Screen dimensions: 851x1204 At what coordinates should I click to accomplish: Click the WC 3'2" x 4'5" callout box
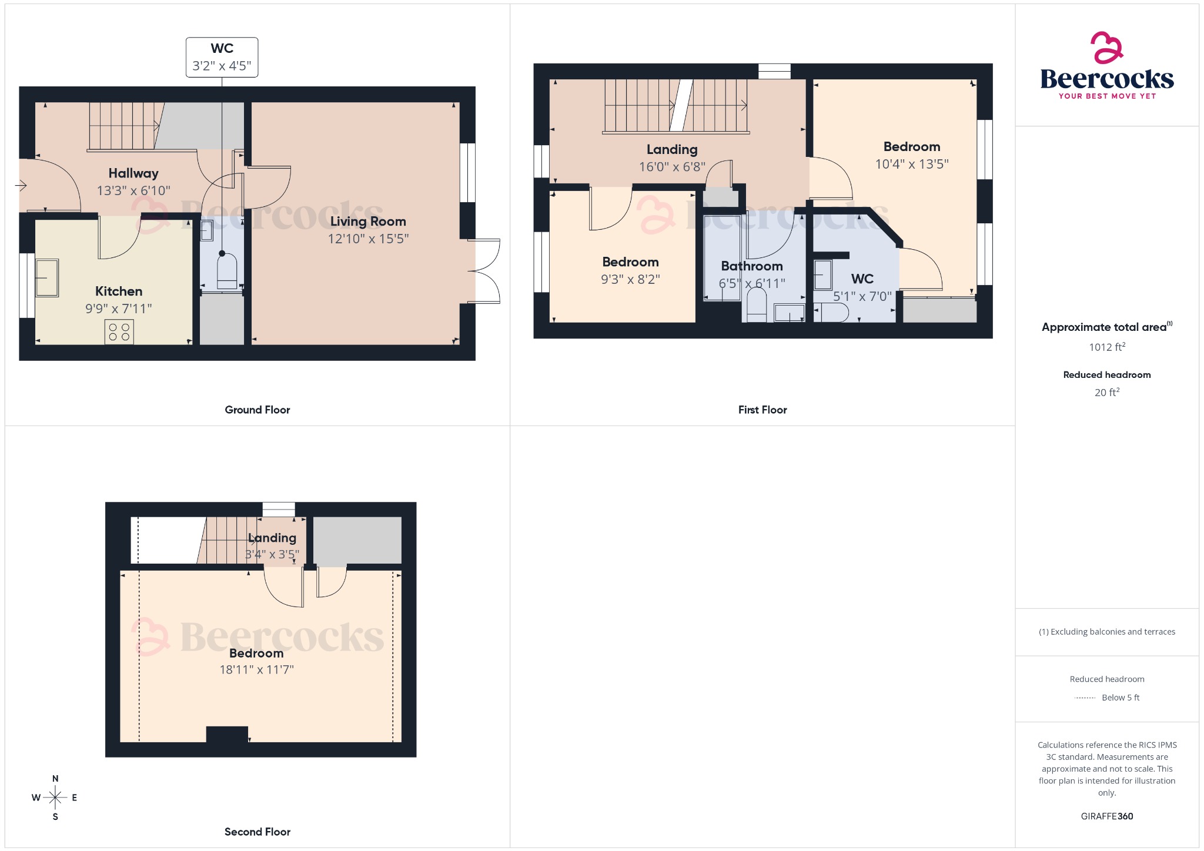point(222,57)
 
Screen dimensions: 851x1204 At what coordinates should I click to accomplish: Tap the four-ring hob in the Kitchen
point(119,331)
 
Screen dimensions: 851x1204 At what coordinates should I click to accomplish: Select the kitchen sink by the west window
point(46,277)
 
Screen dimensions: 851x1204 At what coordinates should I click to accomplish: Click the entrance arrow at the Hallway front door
point(21,186)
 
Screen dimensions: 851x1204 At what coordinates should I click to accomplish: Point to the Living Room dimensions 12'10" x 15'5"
point(368,239)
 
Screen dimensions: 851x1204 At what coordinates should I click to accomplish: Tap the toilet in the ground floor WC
point(227,272)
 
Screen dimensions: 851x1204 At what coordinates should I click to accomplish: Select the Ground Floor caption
point(257,410)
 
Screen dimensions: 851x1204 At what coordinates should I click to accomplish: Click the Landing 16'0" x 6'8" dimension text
point(672,167)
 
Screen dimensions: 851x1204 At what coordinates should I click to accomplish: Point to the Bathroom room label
point(751,266)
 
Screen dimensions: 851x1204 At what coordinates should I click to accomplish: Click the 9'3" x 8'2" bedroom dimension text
point(630,280)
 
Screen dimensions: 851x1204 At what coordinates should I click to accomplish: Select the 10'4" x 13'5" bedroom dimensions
point(911,164)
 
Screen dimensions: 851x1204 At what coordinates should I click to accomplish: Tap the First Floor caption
point(762,410)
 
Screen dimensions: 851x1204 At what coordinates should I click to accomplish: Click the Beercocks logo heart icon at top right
point(1106,48)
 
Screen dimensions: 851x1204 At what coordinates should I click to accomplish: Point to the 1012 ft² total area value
point(1106,347)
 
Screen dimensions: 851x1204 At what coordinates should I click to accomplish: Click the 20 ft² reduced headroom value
point(1106,392)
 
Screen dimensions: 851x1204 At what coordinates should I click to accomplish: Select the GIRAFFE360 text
point(1106,816)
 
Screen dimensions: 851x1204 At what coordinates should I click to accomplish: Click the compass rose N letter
point(55,779)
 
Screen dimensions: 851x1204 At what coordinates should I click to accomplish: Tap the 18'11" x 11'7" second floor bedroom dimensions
point(256,669)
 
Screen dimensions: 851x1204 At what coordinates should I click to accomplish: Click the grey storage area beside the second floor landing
point(357,540)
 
